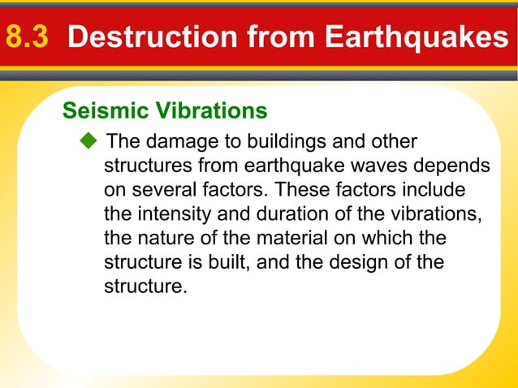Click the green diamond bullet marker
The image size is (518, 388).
point(88,143)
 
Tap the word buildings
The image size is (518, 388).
point(281,143)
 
